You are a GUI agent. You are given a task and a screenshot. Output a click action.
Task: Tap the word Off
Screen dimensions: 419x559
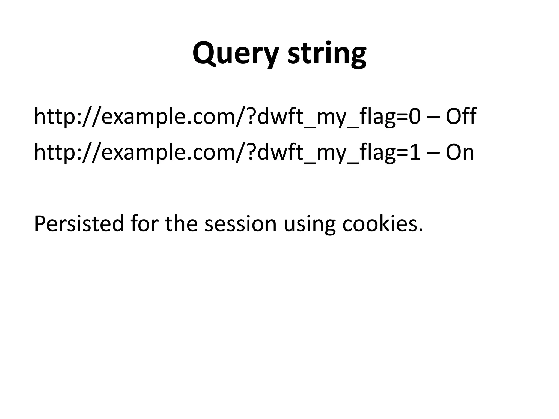(x=461, y=116)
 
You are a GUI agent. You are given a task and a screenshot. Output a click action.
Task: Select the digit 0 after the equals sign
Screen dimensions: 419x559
(x=414, y=116)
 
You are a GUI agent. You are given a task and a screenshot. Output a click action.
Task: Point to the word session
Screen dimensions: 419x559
(x=240, y=223)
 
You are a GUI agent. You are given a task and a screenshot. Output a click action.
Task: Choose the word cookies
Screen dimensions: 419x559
(x=382, y=223)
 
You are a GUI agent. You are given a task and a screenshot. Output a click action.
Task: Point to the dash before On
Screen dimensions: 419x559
(x=433, y=153)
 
